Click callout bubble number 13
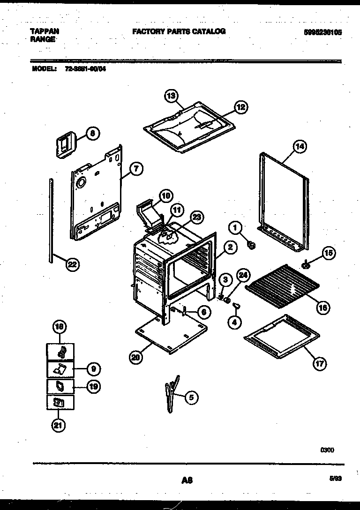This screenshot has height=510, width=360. pos(172,96)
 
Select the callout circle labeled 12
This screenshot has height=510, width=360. pos(240,107)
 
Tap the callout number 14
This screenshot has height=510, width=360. pos(299,146)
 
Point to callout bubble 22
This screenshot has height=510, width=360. pos(71,265)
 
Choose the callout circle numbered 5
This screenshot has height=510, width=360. pos(191,398)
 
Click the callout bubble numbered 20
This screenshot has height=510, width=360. pos(135,357)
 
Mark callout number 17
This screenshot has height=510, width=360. pos(321,363)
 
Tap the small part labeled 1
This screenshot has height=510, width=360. pos(252,244)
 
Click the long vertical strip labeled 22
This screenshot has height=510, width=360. pos(51,220)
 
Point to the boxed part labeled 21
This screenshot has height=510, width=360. pos(60,402)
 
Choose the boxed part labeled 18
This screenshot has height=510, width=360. pos(60,352)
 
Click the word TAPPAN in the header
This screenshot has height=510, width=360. pos(45,31)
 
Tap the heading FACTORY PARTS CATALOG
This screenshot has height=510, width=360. pos(179,31)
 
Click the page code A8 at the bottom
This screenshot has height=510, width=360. pos(187,480)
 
